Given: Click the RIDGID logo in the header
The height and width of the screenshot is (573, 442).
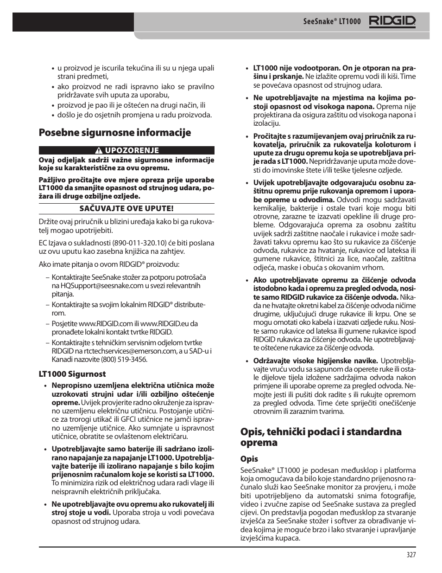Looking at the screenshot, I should pos(392,21).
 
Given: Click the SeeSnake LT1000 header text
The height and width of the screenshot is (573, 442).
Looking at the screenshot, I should pos(332,22).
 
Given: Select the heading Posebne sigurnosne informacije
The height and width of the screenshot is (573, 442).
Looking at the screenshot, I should pos(114,133).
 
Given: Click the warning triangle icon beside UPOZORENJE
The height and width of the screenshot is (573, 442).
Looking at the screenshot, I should pos(99,150).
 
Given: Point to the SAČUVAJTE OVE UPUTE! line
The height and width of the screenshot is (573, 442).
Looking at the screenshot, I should pos(126,208).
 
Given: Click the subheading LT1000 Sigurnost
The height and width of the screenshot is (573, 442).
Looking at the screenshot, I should pos(72,374).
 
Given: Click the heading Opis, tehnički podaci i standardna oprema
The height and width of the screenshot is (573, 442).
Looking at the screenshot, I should pos(321,437).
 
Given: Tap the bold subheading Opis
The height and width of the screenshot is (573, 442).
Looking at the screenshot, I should pos(249,459).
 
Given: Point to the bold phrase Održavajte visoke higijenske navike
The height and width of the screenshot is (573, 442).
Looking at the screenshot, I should pos(316,361).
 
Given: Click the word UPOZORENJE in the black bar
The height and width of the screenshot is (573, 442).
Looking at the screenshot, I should pos(132,150).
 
